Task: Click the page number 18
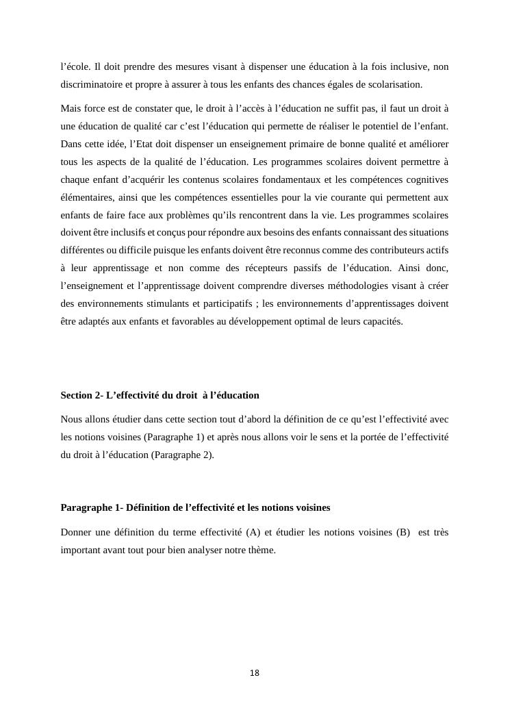(255, 673)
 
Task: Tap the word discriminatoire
(91, 85)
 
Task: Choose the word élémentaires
(86, 198)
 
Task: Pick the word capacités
(381, 321)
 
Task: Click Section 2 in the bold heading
(80, 395)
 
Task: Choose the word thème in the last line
(259, 549)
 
